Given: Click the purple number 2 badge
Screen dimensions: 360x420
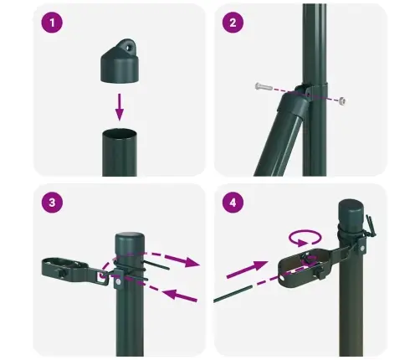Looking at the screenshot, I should coord(232,23).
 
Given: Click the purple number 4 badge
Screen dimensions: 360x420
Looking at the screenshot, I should coord(232,204).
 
